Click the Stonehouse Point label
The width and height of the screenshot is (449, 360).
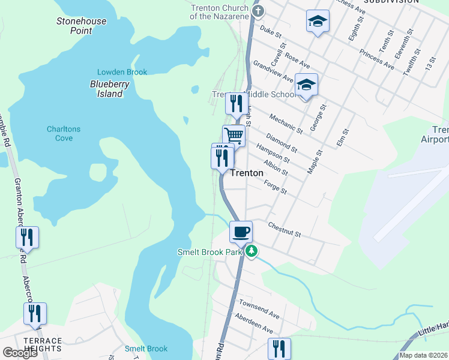82,25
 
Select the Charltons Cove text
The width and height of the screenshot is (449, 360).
64,133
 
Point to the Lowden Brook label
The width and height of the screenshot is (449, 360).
122,72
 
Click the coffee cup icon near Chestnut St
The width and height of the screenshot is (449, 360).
241,231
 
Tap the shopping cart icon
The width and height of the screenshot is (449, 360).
234,135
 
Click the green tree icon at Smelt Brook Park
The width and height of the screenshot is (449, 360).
253,251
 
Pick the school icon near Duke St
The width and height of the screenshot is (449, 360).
317,22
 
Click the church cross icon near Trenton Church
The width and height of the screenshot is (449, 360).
257,10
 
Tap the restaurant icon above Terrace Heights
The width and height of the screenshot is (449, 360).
35,313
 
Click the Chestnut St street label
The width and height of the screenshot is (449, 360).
284,228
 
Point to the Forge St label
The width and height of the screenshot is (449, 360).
275,188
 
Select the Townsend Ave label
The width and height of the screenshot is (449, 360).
259,310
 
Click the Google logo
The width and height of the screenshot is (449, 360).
20,353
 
